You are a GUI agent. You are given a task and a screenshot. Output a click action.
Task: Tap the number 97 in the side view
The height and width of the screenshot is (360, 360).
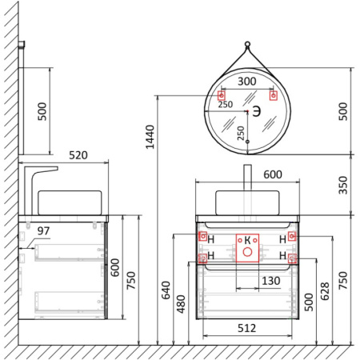coord(43,230)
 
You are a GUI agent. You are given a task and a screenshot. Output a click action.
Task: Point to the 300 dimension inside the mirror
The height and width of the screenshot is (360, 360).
coord(247,82)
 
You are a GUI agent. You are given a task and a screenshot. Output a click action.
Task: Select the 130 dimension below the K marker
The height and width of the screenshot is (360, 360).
coord(247,281)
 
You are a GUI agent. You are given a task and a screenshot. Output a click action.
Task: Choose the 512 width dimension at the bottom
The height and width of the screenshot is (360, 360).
coord(247,327)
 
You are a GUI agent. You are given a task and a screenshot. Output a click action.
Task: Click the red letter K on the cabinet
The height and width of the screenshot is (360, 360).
coord(247,240)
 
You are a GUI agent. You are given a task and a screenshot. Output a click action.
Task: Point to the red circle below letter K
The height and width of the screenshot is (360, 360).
coord(247,254)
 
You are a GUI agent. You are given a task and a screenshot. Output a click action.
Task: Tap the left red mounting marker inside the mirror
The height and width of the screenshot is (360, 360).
coord(222,96)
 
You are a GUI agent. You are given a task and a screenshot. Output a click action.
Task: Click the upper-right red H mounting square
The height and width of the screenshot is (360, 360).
coord(292,236)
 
